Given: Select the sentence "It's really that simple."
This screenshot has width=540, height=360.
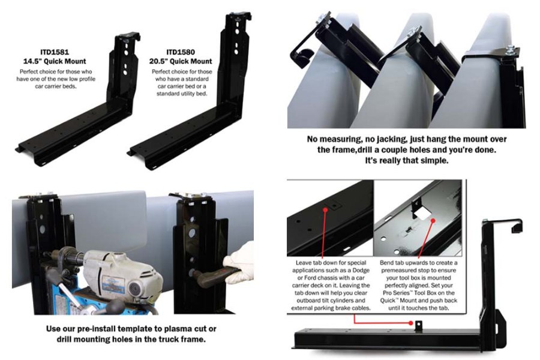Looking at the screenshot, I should click(x=407, y=161).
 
